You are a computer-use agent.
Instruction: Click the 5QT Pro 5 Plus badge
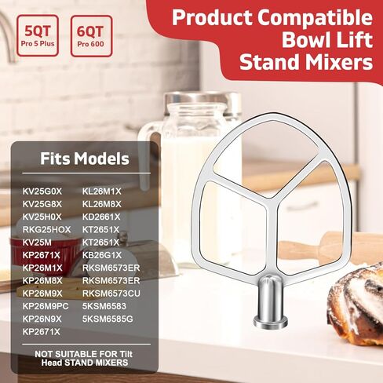[x=38, y=35]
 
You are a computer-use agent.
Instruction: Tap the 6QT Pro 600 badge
[x=92, y=36]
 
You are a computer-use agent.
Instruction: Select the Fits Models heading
[x=85, y=159]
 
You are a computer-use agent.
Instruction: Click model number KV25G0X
[x=42, y=191]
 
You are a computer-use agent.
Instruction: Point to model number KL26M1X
[x=102, y=191]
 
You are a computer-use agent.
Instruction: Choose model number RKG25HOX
[x=46, y=230]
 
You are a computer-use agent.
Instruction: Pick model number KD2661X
[x=101, y=217]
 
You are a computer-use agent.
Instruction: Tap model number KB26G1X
[x=102, y=255]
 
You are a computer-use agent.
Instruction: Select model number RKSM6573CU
[x=111, y=294]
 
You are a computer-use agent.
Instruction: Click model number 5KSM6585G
[x=108, y=319]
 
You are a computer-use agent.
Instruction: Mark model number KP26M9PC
[x=46, y=306]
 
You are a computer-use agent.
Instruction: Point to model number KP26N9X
[x=42, y=319]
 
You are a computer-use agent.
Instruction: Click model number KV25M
[x=37, y=243]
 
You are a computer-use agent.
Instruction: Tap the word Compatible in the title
[x=315, y=18]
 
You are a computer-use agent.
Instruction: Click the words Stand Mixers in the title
[x=306, y=62]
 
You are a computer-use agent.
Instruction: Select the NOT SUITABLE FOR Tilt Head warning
[x=84, y=358]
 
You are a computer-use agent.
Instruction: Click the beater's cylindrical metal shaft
[x=271, y=301]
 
